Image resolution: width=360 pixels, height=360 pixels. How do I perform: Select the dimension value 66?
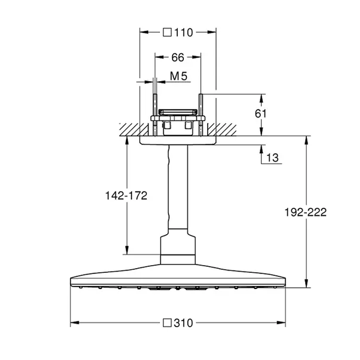177,57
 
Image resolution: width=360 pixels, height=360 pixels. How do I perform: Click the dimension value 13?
272,158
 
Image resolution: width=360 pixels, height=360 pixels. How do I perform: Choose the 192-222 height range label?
306,212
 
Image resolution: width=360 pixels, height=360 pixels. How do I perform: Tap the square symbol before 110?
167,33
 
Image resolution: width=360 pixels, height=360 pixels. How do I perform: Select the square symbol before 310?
168,323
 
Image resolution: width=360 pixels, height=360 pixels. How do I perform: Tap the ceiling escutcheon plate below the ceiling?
177,141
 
